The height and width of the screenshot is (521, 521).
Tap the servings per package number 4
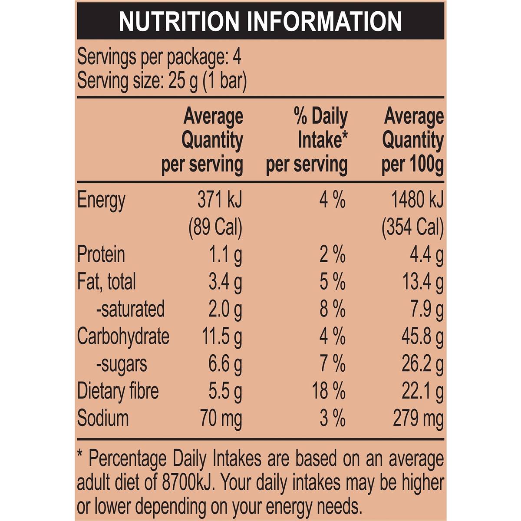(x=237, y=57)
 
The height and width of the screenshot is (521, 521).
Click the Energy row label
(x=101, y=201)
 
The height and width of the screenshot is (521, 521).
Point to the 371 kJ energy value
(x=220, y=200)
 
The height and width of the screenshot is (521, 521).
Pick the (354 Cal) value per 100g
(x=412, y=227)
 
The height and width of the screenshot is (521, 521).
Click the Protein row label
(x=101, y=254)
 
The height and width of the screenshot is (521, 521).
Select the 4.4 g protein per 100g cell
(x=427, y=255)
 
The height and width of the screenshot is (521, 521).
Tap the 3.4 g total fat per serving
(x=225, y=282)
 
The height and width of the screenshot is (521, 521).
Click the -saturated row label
(x=130, y=309)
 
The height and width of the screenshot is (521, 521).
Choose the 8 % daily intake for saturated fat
(x=333, y=309)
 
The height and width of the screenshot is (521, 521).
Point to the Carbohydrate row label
(x=123, y=336)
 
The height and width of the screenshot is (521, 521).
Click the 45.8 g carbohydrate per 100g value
(x=422, y=337)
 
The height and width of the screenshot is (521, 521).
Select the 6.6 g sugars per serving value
(x=225, y=364)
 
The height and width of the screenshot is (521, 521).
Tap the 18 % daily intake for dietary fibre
(x=329, y=391)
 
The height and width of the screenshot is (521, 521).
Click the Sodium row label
(x=103, y=418)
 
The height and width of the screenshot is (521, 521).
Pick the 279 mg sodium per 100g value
(x=418, y=419)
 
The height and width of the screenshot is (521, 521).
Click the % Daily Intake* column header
(x=307, y=140)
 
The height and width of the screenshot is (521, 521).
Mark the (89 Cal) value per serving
(x=215, y=227)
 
